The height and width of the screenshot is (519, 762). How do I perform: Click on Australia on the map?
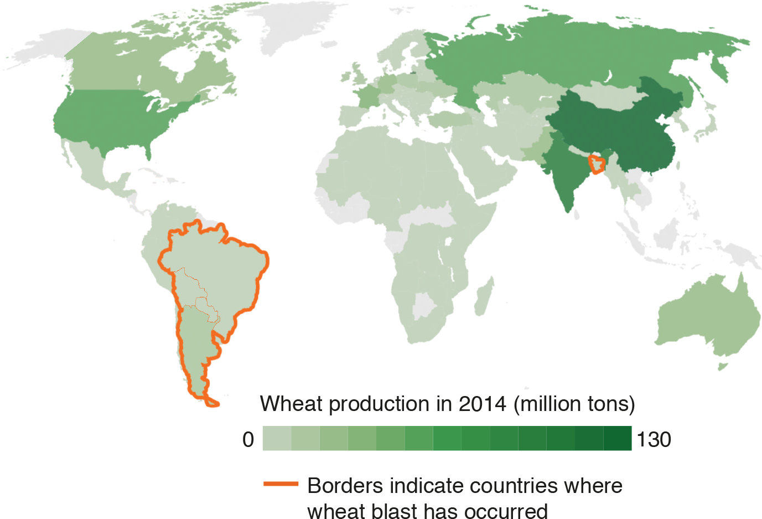click(x=708, y=316)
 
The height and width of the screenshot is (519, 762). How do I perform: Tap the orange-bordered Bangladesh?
click(x=597, y=165)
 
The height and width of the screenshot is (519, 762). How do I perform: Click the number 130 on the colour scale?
click(x=654, y=439)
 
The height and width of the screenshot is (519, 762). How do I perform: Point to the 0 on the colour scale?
click(x=248, y=439)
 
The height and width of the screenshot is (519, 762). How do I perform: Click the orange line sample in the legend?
click(x=281, y=484)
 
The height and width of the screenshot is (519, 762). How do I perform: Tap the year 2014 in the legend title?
click(x=483, y=404)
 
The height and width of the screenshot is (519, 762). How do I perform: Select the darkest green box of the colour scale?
click(x=618, y=439)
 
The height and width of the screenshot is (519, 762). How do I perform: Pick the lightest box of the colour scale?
click(x=277, y=439)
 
